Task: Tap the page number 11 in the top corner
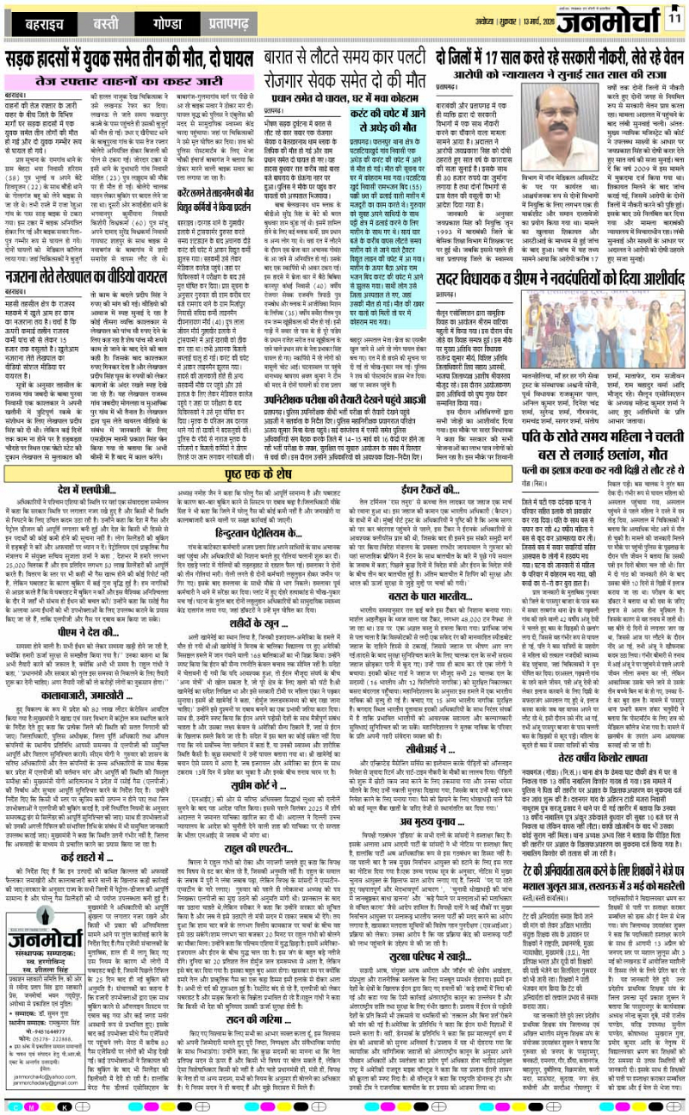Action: click(x=674, y=18)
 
